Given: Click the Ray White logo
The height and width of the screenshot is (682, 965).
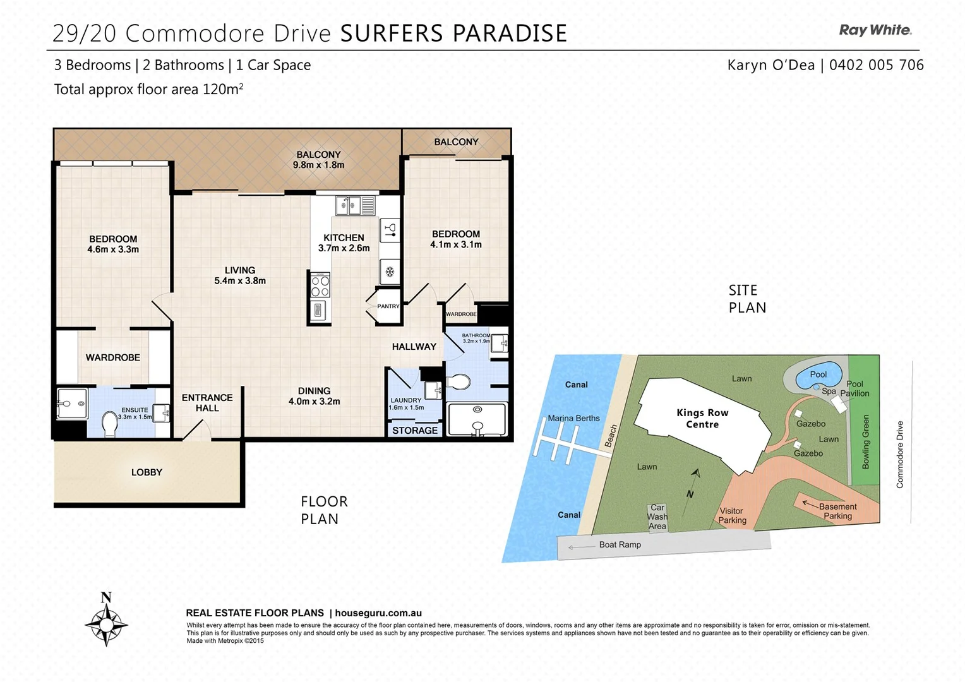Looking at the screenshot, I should (x=875, y=30).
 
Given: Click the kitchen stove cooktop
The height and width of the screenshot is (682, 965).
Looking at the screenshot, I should (x=320, y=285).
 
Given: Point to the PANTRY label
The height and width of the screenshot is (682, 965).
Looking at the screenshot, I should (x=388, y=306).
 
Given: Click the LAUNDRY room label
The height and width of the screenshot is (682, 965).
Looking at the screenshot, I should (x=405, y=400).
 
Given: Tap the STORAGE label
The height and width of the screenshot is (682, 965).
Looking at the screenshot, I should (x=414, y=431).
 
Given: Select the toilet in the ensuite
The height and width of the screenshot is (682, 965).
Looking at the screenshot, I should (x=110, y=424).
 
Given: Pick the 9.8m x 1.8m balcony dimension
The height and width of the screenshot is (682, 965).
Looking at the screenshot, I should (x=318, y=165).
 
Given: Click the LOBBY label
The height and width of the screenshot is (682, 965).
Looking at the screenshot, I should (x=147, y=472).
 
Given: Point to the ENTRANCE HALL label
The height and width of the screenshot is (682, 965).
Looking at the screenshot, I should (x=207, y=403).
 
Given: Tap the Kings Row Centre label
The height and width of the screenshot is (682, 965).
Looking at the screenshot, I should (x=702, y=419).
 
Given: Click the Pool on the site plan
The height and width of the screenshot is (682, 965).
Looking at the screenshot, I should (x=818, y=375).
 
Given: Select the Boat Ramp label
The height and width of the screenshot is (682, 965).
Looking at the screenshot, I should (x=620, y=545).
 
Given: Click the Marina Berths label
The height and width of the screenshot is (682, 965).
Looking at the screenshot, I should (x=573, y=418).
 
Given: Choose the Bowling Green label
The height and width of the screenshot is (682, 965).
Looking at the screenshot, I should (x=866, y=441).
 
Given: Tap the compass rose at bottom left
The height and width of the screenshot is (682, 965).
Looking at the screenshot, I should (x=106, y=624).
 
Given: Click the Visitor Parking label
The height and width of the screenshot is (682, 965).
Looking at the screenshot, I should (x=732, y=516).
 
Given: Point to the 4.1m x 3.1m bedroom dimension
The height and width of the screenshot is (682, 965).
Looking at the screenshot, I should (x=456, y=245).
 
